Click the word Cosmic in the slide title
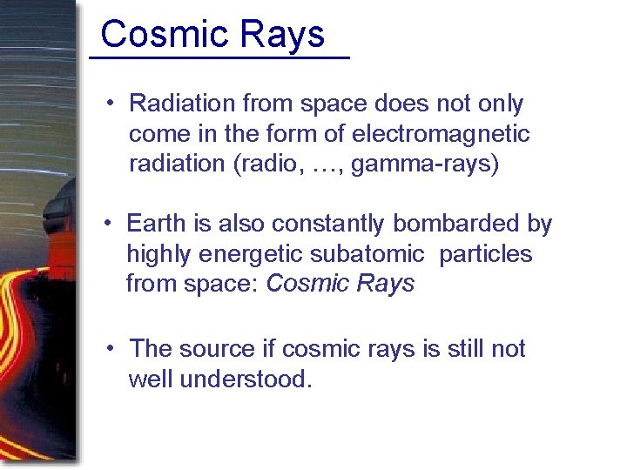pyautogui.click(x=152, y=35)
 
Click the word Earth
pyautogui.click(x=156, y=224)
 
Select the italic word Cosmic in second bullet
pyautogui.click(x=306, y=284)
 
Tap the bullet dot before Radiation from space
pyautogui.click(x=110, y=104)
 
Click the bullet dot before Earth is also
pyautogui.click(x=110, y=225)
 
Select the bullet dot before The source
pyautogui.click(x=110, y=350)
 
